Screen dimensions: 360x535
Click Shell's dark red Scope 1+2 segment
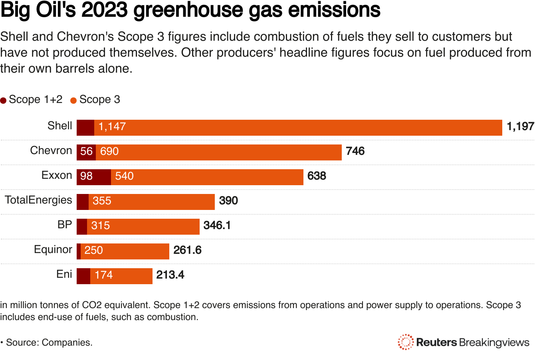click(85, 128)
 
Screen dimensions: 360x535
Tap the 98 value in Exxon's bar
click(86, 176)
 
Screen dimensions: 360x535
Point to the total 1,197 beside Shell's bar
click(520, 127)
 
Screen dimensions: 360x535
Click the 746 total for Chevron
click(355, 152)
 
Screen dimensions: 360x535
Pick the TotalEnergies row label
click(38, 200)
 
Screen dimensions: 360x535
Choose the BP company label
click(65, 225)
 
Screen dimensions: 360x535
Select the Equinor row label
click(53, 250)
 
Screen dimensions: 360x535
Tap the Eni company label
click(64, 275)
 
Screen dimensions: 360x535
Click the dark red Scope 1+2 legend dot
click(4, 101)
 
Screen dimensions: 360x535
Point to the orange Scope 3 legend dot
click(73, 101)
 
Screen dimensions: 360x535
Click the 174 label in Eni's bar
click(103, 275)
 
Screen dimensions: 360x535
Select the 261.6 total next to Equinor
click(187, 251)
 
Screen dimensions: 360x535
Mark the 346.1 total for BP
click(217, 226)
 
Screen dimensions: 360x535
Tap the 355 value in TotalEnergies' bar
click(102, 201)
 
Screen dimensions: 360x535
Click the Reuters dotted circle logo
click(406, 342)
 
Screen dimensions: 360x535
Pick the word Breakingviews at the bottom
click(494, 342)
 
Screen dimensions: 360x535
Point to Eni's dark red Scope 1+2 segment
click(83, 276)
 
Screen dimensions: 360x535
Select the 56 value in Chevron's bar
click(86, 152)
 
